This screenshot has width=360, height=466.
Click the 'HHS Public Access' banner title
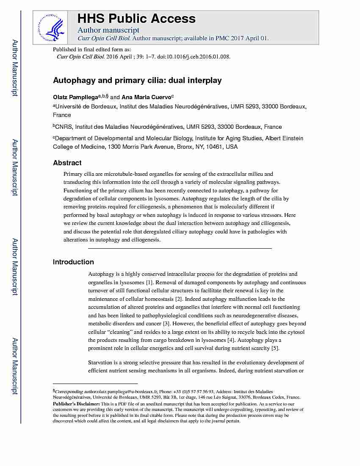coord(136,19)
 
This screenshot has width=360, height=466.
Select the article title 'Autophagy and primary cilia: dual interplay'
coord(137,80)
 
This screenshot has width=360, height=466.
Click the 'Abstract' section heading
coord(67,163)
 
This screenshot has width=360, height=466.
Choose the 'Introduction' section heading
coord(73,262)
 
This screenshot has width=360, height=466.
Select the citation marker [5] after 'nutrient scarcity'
coord(275,348)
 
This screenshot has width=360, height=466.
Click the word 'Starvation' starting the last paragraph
coord(102,363)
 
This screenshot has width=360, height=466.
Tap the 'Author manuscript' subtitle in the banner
coord(108,30)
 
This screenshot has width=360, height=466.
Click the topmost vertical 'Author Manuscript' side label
coord(15,68)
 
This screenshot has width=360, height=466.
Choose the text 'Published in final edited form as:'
coord(91,50)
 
